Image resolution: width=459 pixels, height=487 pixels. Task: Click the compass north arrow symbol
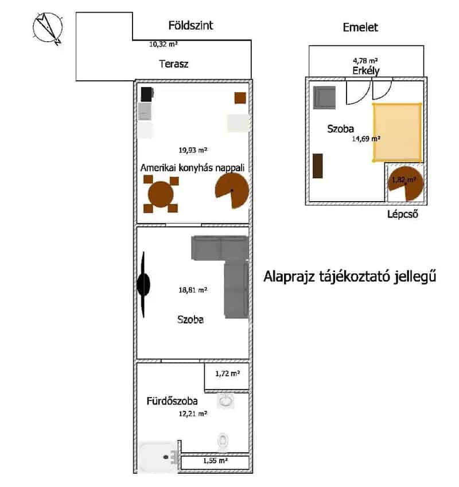pos(48,28)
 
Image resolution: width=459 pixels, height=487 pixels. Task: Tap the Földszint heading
pos(190,25)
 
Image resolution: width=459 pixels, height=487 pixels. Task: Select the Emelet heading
pos(360,28)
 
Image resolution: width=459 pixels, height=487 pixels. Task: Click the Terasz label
pos(173,64)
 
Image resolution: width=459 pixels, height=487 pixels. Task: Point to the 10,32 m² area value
pos(164,44)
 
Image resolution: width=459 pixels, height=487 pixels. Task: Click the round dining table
pos(161,194)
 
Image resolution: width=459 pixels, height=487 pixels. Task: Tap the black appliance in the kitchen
pos(146,95)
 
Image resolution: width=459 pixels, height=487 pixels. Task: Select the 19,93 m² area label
pos(193,150)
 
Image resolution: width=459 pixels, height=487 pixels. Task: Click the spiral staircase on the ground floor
pos(232,190)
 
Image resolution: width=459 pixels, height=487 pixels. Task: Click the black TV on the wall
pos(143,285)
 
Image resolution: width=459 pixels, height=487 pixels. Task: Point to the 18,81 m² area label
pos(193,290)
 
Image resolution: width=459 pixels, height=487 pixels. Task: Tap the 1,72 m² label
pos(227,374)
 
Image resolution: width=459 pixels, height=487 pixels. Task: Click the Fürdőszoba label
pos(172,401)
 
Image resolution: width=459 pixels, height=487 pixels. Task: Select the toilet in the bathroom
pos(223,442)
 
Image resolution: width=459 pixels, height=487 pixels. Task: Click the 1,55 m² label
pos(215,461)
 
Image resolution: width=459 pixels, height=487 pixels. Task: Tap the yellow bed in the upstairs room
pos(397,132)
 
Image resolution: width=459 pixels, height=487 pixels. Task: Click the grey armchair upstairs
pos(324,97)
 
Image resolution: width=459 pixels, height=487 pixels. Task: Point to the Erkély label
pos(365,71)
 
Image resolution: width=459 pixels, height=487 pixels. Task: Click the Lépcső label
pos(402,214)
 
